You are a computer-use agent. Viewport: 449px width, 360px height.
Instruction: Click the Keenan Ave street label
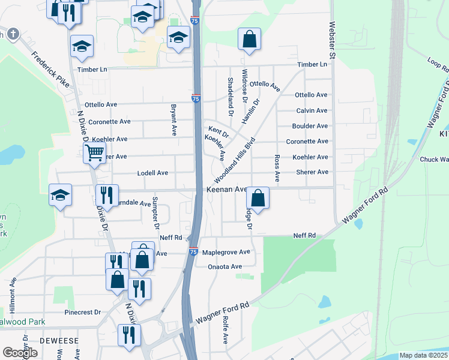point(227,190)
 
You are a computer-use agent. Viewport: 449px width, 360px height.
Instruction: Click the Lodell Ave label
point(152,173)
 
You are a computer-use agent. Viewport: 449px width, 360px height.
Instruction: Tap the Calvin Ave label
point(312,110)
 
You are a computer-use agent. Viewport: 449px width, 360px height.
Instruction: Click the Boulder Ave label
point(310,126)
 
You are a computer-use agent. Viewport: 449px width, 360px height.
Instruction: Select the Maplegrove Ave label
point(226,253)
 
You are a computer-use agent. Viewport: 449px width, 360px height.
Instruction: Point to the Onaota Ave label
point(224,266)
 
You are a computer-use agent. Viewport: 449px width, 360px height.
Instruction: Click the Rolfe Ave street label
point(226,331)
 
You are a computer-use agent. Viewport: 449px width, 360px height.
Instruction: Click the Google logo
point(20,353)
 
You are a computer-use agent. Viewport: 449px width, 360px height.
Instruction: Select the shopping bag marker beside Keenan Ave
point(258,197)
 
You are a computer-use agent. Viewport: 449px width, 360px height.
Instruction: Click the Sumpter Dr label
point(155,214)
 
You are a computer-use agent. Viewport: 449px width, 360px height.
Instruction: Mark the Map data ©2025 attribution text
point(423,355)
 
